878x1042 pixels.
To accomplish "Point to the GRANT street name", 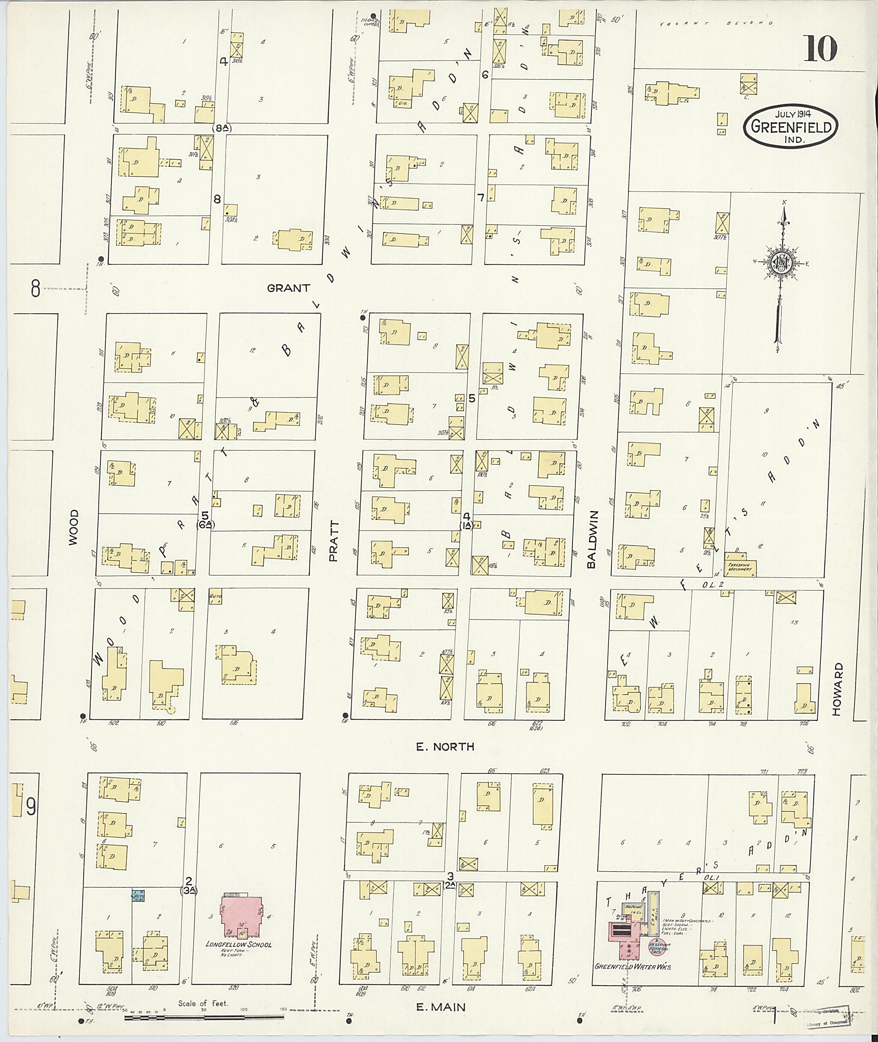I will (x=288, y=288).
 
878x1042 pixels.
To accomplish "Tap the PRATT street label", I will (x=334, y=541).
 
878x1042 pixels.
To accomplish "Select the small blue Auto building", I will (x=138, y=896).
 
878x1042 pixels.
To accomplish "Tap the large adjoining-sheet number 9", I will (x=31, y=807).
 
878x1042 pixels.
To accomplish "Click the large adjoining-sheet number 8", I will (x=35, y=288).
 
